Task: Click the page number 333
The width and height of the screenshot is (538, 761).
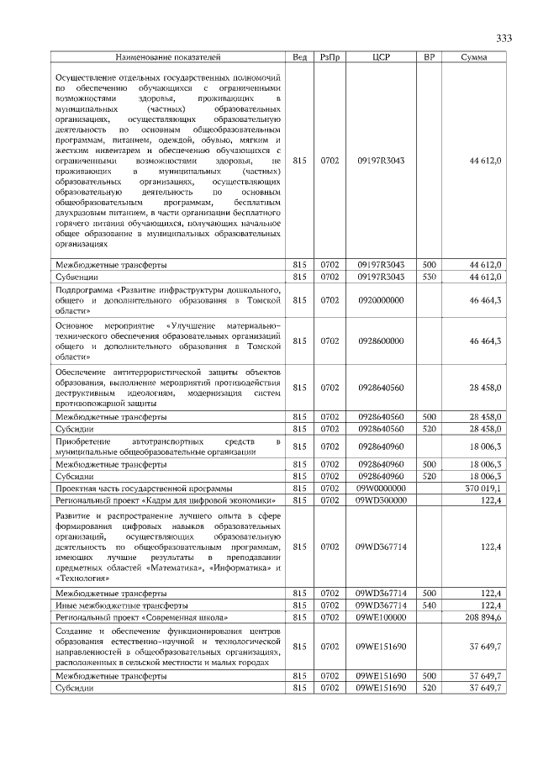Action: point(504,38)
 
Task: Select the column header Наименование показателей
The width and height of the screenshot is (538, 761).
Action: point(167,57)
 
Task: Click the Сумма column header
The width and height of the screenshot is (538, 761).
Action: point(477,57)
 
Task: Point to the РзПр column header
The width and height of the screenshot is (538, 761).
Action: point(329,57)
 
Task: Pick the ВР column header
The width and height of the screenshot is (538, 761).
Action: point(429,57)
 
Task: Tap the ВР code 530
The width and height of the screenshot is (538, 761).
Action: point(429,276)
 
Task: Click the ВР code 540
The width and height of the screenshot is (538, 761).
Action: point(429,605)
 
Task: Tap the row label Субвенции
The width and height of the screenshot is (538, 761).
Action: point(76,276)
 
